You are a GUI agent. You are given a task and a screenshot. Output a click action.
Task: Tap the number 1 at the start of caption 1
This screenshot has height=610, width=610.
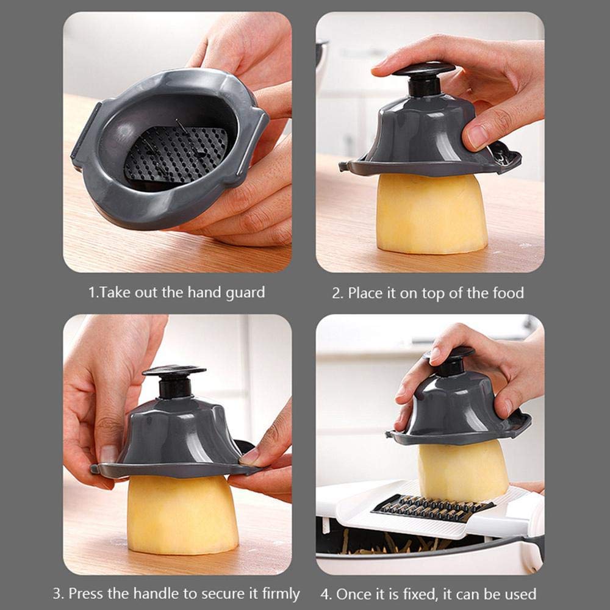pyautogui.click(x=92, y=292)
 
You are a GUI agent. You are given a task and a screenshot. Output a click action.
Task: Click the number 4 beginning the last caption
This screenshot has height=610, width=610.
pyautogui.click(x=325, y=593)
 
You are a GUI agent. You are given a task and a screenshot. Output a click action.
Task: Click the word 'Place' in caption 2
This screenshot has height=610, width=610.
pyautogui.click(x=364, y=293)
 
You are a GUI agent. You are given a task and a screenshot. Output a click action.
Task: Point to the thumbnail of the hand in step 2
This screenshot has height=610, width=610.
pyautogui.click(x=478, y=135)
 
